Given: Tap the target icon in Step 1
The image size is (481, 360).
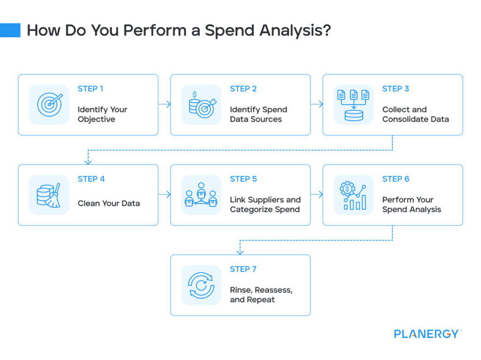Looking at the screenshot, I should [x=49, y=104].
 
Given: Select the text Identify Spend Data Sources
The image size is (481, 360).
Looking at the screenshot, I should [x=258, y=114].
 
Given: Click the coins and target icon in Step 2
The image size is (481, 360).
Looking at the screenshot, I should [x=201, y=104].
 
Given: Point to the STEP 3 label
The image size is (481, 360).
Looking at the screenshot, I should [x=396, y=89].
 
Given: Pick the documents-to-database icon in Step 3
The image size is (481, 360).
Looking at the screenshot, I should [x=353, y=104].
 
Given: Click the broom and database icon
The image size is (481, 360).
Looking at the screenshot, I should [x=49, y=195].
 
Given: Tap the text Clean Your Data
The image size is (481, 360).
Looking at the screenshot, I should [x=109, y=203].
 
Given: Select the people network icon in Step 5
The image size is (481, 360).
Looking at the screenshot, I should [x=201, y=195].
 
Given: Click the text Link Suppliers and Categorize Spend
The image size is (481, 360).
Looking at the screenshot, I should [x=265, y=204].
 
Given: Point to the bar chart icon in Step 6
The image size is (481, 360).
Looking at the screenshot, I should [x=353, y=195].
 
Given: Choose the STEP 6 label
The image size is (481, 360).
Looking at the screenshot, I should [x=396, y=179].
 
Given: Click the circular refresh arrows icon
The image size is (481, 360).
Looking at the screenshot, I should [x=201, y=285].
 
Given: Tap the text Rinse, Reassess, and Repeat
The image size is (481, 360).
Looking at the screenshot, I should [x=261, y=295].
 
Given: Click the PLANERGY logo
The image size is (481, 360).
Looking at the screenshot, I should [x=427, y=334].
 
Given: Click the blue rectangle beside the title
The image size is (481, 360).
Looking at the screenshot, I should [x=10, y=30].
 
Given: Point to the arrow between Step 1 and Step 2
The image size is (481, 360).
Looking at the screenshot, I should [x=164, y=104].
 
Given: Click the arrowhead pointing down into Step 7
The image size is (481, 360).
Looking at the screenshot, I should [x=240, y=252].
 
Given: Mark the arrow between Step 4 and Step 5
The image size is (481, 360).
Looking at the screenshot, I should [x=164, y=195].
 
